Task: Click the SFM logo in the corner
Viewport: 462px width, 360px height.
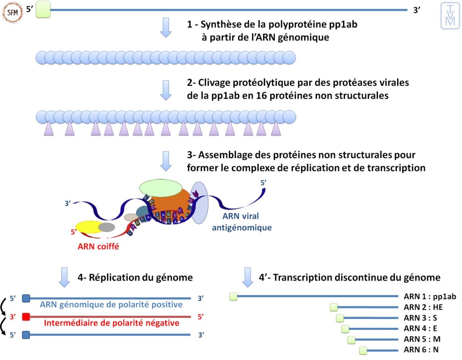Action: [x=12, y=12]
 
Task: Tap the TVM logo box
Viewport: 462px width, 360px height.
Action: [x=450, y=16]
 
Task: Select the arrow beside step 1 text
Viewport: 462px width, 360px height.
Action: [x=166, y=28]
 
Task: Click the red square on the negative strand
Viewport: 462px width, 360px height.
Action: [x=26, y=317]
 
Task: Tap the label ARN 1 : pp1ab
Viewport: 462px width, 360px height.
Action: [x=430, y=296]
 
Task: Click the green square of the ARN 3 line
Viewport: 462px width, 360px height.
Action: [x=340, y=318]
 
